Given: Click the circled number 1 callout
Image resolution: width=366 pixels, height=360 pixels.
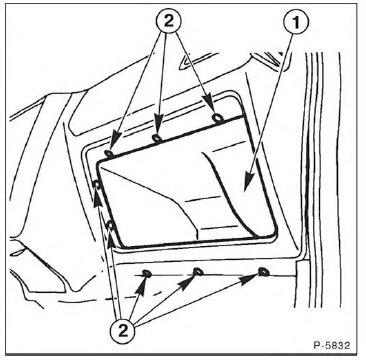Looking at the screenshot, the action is point(296,22).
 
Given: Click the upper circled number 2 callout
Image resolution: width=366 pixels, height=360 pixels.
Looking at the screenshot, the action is point(169,21).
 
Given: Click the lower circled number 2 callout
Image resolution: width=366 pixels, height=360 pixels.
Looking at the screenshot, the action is point(123,331).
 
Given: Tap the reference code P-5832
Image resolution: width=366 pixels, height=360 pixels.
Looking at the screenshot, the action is point(332,345).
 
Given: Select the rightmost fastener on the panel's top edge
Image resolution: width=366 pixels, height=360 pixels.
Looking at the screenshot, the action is point(218,117).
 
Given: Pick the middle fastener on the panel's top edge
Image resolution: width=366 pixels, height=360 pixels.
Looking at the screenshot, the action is point(157,138).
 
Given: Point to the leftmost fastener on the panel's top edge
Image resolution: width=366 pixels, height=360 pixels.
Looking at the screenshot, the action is point(109,153).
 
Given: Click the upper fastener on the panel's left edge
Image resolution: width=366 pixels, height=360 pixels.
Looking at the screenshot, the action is point(97,184).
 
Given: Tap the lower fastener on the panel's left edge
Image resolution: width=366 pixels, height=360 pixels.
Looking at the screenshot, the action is point(111,226).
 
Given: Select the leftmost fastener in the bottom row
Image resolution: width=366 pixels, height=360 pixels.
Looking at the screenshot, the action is point(147,274).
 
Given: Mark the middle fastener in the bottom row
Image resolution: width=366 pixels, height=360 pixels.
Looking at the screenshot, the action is point(198,272).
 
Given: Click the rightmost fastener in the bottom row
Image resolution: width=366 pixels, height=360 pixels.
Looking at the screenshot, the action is point(263,272).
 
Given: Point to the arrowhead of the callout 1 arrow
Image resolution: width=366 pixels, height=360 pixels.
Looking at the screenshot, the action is point(246,184).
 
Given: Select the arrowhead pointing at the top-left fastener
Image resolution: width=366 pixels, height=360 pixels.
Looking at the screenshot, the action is point(114,142).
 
